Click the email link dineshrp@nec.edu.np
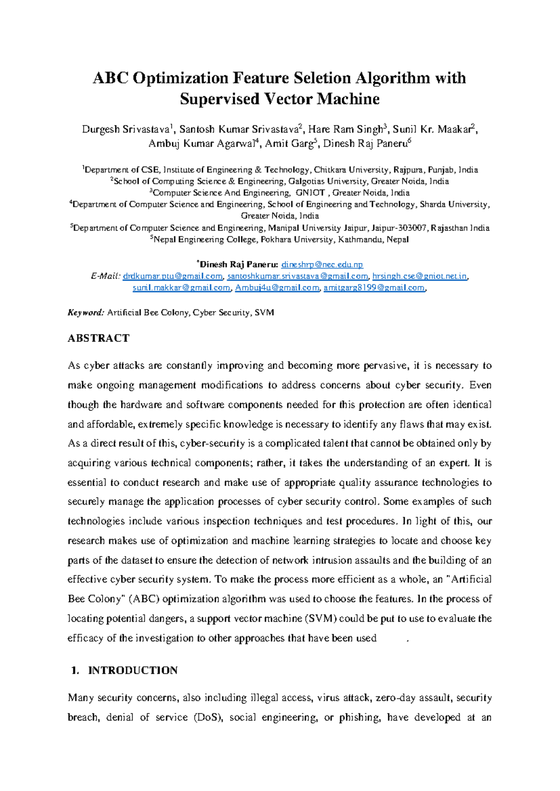coord(322,264)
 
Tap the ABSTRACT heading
coord(98,338)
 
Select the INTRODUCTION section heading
coord(133,670)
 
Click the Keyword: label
coord(86,312)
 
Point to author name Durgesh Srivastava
coord(126,129)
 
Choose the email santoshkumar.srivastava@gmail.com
coord(298,276)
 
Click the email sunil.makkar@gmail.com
coord(182,288)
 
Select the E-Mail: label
coord(106,276)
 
